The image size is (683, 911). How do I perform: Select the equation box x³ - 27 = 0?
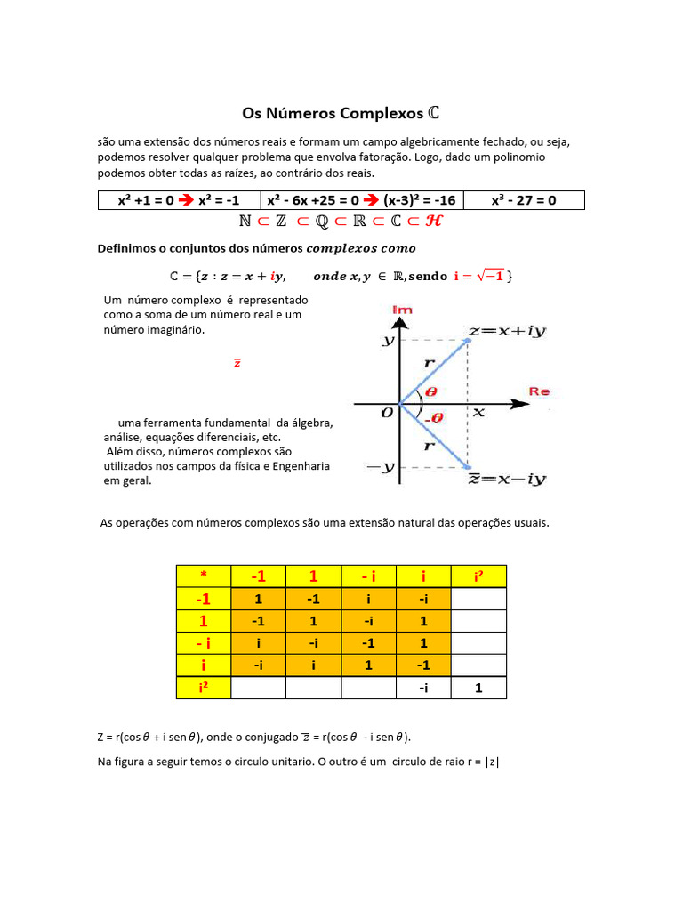click(x=524, y=200)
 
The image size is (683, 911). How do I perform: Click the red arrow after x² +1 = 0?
click(x=186, y=200)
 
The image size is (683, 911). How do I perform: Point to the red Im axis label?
click(x=402, y=310)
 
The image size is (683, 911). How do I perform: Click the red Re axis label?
click(x=540, y=391)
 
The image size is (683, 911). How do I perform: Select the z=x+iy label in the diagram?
click(x=507, y=331)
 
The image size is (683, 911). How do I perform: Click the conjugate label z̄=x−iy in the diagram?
click(x=507, y=479)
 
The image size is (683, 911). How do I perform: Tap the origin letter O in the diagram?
click(x=387, y=414)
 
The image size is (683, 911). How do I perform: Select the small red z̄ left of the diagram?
click(x=237, y=363)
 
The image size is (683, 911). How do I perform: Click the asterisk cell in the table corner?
click(x=203, y=576)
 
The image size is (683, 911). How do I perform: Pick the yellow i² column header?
click(x=478, y=576)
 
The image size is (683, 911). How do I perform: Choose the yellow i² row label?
click(x=203, y=687)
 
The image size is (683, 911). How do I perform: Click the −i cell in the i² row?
click(x=423, y=687)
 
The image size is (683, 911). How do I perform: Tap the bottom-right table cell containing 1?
click(x=478, y=687)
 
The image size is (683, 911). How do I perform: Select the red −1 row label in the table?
click(x=203, y=599)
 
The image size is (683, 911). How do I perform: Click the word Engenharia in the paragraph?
click(x=301, y=466)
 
